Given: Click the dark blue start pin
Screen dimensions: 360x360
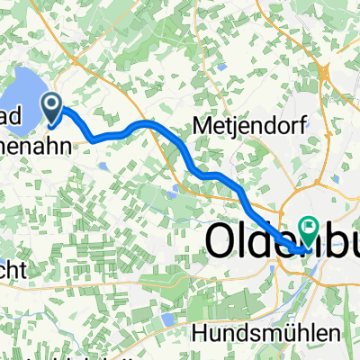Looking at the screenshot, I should (53, 109).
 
